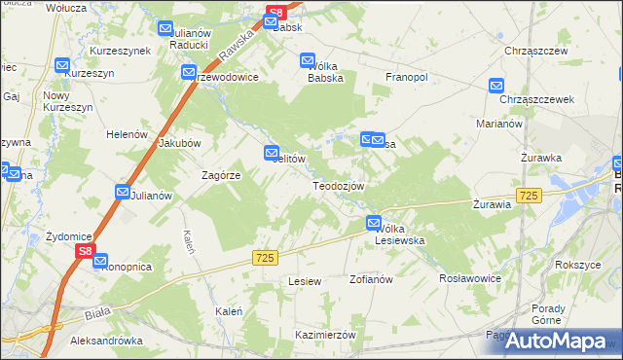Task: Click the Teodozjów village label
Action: [x=338, y=186]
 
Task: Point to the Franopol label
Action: [x=408, y=77]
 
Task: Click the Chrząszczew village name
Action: [x=530, y=50]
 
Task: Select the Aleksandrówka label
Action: [x=107, y=342]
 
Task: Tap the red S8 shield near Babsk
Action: [x=276, y=13]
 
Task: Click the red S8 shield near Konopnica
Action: [x=86, y=252]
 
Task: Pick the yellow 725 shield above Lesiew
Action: [x=266, y=257]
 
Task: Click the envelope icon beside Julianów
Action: [x=123, y=193]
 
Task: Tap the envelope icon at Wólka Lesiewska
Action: [x=374, y=224]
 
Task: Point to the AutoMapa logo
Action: [x=559, y=340]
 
